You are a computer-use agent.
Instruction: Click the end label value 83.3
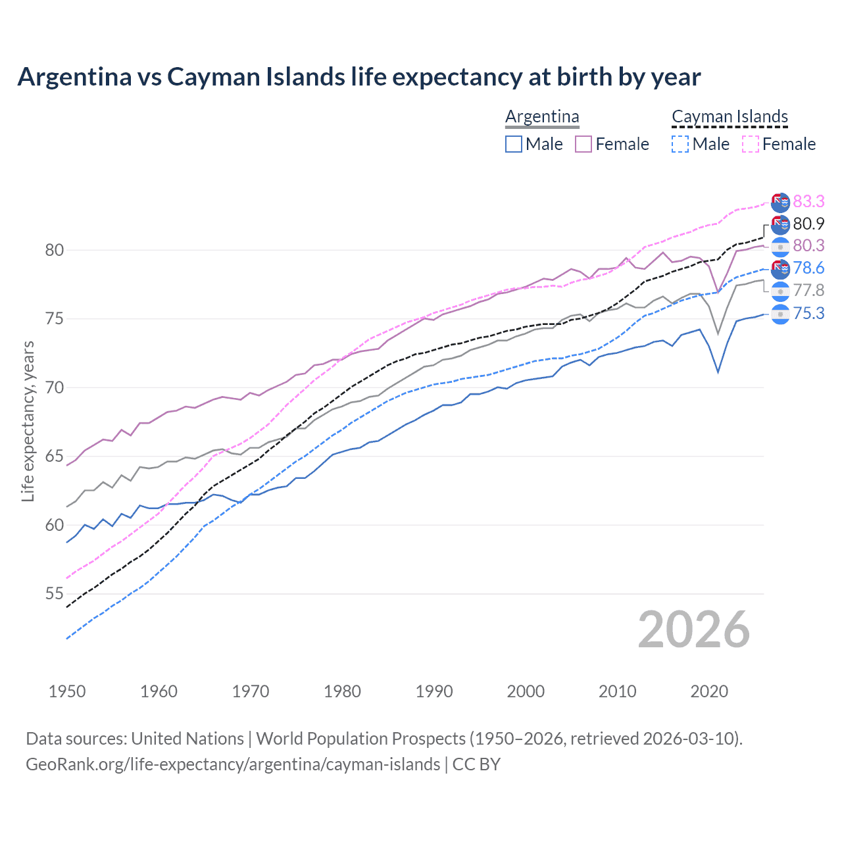(x=808, y=201)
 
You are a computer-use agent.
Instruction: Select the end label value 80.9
(x=808, y=224)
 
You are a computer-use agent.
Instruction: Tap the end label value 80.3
(x=808, y=246)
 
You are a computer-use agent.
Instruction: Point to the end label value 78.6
(x=808, y=268)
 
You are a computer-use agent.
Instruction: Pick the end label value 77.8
(x=808, y=291)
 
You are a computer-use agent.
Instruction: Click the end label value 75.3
(x=808, y=313)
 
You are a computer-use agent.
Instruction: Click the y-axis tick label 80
(x=55, y=250)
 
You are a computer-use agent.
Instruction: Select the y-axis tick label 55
(x=55, y=594)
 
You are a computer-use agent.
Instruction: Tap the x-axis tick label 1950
(x=67, y=691)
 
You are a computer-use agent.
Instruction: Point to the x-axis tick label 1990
(x=434, y=691)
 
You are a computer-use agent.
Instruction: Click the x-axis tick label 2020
(x=709, y=691)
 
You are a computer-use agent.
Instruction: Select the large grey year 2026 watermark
(x=694, y=630)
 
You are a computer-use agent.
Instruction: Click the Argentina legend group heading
(x=542, y=117)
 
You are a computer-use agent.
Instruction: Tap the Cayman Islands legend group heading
(x=730, y=117)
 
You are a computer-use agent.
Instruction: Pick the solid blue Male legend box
(x=514, y=144)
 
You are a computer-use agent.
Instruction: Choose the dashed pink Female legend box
(x=751, y=144)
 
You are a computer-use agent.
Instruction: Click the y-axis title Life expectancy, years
(x=28, y=421)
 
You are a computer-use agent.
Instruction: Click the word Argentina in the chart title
(x=74, y=77)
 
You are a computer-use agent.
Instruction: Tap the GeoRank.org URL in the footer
(x=233, y=764)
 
